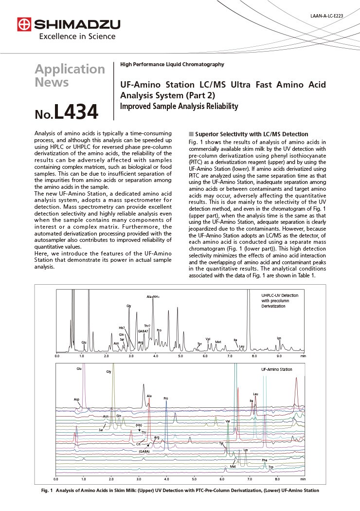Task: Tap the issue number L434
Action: click(x=66, y=112)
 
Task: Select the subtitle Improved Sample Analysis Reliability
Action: click(x=179, y=106)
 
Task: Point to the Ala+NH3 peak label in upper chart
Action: click(x=153, y=296)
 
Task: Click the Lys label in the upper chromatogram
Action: click(x=279, y=338)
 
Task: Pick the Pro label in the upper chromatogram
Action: click(x=159, y=330)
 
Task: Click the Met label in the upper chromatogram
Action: click(x=218, y=342)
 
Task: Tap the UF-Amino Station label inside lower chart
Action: click(x=277, y=369)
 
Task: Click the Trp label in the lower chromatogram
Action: click(x=271, y=467)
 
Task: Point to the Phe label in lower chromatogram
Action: click(x=264, y=460)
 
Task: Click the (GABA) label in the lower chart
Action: click(x=144, y=452)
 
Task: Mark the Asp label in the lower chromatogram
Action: click(x=76, y=399)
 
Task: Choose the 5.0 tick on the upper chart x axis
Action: click(x=180, y=356)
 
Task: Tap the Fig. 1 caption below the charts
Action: click(x=180, y=491)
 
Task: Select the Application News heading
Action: click(x=70, y=75)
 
